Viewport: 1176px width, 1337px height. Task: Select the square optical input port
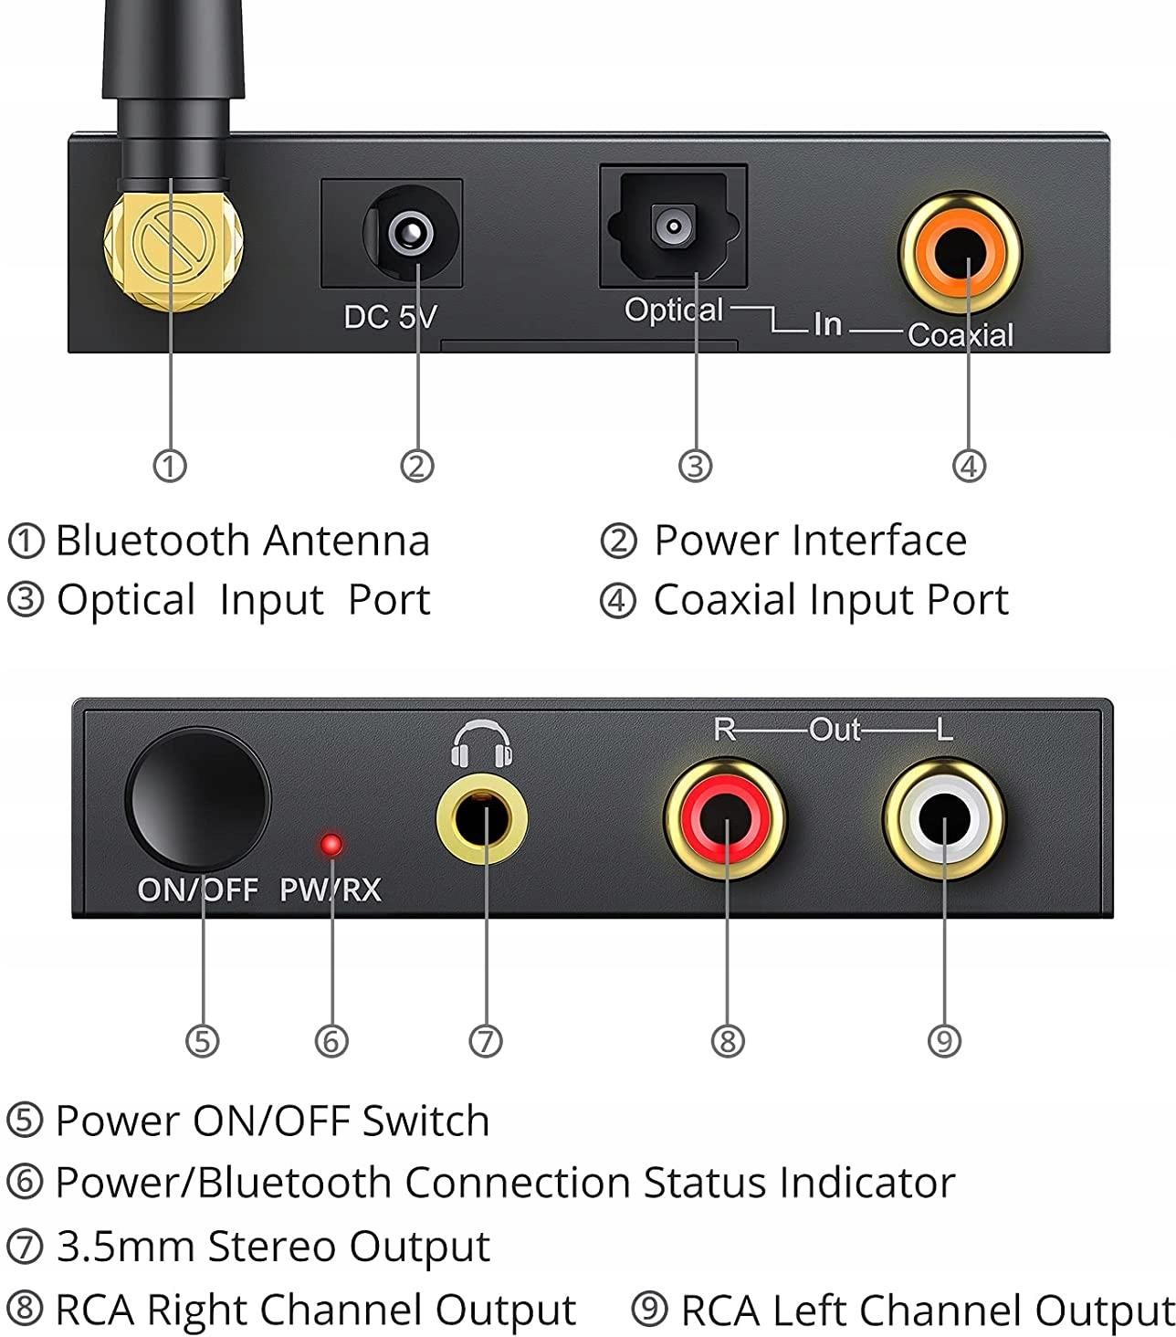673,226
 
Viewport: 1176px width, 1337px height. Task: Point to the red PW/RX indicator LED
331,844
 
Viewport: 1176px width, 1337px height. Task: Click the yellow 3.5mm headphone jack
482,816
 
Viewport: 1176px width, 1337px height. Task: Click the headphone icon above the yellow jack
481,742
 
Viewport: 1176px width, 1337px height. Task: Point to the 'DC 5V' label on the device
390,317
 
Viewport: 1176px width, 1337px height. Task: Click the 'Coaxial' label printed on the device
961,335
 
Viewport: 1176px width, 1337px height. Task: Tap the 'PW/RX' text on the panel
330,889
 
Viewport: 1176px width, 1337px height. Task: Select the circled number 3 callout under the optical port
695,466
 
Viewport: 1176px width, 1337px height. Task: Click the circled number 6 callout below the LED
331,1040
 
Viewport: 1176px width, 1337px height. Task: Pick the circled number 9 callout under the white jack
944,1040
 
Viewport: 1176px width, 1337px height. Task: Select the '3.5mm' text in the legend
125,1247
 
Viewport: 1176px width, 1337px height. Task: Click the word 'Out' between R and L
834,730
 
